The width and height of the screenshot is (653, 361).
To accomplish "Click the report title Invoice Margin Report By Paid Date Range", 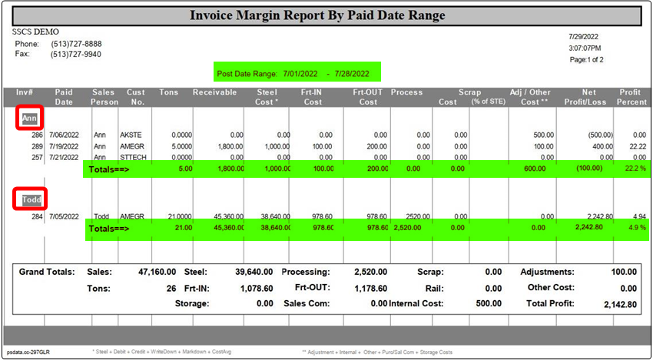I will [x=326, y=15].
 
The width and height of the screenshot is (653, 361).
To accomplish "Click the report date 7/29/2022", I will [x=583, y=36].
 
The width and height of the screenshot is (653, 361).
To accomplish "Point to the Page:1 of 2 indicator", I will [x=586, y=59].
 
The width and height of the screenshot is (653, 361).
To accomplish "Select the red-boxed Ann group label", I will [x=29, y=119].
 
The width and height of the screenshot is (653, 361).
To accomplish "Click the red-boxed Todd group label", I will [x=31, y=199].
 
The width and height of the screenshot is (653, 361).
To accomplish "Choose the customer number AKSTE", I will [x=131, y=135].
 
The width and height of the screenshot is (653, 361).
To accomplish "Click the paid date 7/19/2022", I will [x=65, y=146].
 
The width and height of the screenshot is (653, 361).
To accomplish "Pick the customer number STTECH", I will [x=133, y=157].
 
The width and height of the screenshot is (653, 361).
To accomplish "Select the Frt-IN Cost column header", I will [x=310, y=97].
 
